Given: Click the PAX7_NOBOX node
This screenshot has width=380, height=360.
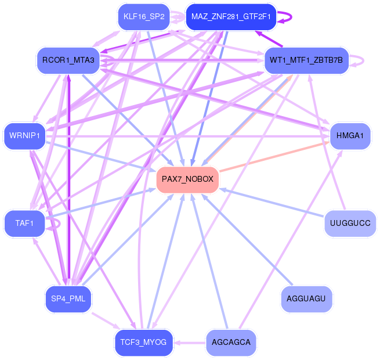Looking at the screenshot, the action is tap(187, 179).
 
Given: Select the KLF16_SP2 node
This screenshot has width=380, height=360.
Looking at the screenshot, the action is tap(144, 17).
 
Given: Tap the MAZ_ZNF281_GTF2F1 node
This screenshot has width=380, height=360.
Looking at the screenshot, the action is tap(231, 17).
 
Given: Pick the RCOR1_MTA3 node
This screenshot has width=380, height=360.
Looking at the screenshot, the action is tap(68, 60).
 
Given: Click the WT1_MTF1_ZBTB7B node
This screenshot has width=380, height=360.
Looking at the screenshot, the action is tap(306, 60).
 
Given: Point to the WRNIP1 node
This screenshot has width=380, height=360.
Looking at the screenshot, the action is tap(24, 136).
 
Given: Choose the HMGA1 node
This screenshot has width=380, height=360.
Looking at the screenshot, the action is tap(350, 136).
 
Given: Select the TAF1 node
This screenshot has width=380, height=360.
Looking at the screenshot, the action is tap(25, 223).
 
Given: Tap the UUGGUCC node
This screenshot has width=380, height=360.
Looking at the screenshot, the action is tap(350, 223).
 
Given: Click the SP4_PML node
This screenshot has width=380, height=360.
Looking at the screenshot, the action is tap(68, 298).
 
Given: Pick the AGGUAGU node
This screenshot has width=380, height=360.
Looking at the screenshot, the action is tap(306, 298).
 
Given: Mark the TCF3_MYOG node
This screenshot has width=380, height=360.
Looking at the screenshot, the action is tap(143, 343).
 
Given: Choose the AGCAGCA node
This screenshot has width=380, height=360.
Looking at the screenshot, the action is tap(231, 343).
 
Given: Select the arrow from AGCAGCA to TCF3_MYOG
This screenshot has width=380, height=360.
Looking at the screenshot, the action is tap(190, 343).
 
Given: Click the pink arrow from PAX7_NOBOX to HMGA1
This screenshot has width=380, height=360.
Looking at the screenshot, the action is tap(274, 157).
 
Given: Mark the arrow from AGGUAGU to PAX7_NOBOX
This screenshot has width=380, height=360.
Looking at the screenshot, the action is tap(247, 240).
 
